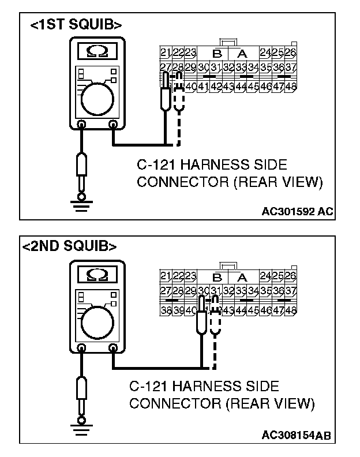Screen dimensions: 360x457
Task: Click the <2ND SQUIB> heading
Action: coord(69,246)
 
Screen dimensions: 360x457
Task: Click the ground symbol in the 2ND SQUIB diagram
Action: coord(82,426)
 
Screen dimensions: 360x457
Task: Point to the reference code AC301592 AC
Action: coord(297,211)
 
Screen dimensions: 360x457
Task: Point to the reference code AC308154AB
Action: coord(297,434)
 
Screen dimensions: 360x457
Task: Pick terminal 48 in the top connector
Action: coord(291,87)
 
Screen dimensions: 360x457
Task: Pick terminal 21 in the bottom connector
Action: coord(166,275)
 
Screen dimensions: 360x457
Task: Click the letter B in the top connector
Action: coord(217,54)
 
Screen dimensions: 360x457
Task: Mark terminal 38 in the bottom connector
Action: coord(166,309)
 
